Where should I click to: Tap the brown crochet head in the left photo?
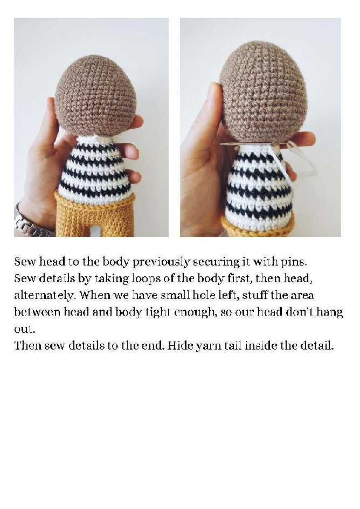pos(95,95)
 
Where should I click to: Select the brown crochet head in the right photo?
pos(263,92)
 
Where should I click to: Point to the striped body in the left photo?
pos(96,169)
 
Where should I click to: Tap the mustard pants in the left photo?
pos(95,214)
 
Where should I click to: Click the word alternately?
pos(45,295)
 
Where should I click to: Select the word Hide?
pos(181,345)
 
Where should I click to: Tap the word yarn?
pos(208,346)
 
